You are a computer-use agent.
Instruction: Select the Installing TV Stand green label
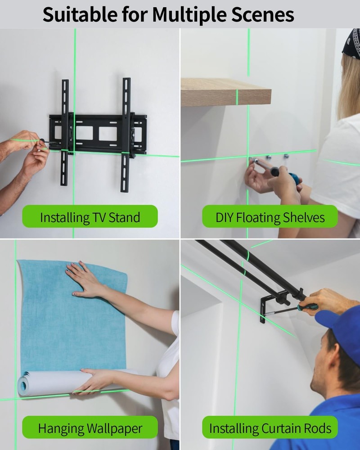(x=90, y=217)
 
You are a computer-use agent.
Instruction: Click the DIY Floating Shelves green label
(x=270, y=217)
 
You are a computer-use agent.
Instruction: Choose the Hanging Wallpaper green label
(x=90, y=427)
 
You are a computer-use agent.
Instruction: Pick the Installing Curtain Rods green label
(x=270, y=427)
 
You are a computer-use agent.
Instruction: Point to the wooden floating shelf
(x=225, y=92)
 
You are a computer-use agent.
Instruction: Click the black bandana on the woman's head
(x=352, y=43)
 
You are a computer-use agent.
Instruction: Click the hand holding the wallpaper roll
(x=97, y=380)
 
